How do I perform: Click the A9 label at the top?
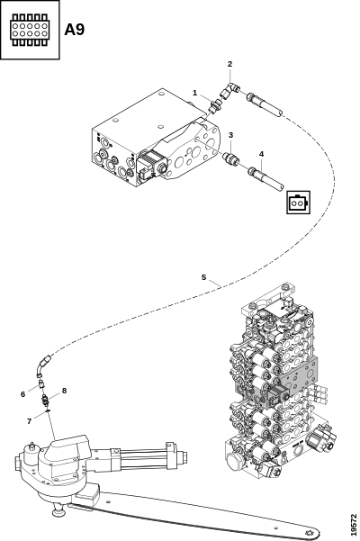point(74,30)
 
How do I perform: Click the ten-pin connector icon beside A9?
point(30,30)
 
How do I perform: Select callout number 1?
point(194,93)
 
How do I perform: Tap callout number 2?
point(230,64)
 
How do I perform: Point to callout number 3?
point(230,135)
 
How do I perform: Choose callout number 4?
point(261,154)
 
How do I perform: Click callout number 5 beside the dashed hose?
point(203,277)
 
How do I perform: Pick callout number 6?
point(23,394)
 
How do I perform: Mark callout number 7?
point(30,421)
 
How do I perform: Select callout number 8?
point(64,391)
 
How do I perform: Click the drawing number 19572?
point(354,525)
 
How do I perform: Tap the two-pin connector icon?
point(299,203)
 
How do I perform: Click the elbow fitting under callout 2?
point(229,91)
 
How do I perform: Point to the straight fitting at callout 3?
point(230,158)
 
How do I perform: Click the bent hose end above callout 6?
point(43,365)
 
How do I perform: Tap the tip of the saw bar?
point(316,533)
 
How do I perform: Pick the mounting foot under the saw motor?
point(59,510)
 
